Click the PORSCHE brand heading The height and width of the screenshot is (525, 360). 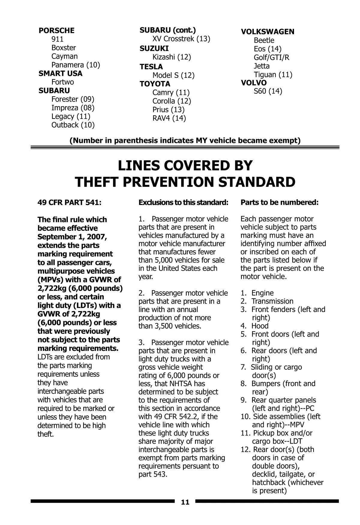[56, 31]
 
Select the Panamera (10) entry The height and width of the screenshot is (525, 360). [76, 65]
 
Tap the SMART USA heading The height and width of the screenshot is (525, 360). [60, 74]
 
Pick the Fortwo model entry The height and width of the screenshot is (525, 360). [62, 82]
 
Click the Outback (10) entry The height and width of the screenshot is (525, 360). [73, 125]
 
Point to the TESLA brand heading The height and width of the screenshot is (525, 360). [151, 67]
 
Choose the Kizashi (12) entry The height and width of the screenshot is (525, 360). [172, 57]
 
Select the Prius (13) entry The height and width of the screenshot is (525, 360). [168, 110]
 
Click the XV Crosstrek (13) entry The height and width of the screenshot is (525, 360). [181, 39]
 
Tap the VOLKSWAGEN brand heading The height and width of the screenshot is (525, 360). [268, 32]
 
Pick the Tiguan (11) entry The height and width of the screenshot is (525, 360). [273, 74]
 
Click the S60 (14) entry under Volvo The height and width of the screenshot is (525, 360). [268, 91]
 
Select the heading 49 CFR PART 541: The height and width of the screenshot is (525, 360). [69, 203]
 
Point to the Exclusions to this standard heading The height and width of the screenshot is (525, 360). [183, 203]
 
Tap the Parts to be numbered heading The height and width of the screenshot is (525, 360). [279, 203]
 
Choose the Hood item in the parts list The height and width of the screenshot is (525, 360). [260, 326]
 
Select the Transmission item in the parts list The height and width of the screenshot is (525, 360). [272, 301]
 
